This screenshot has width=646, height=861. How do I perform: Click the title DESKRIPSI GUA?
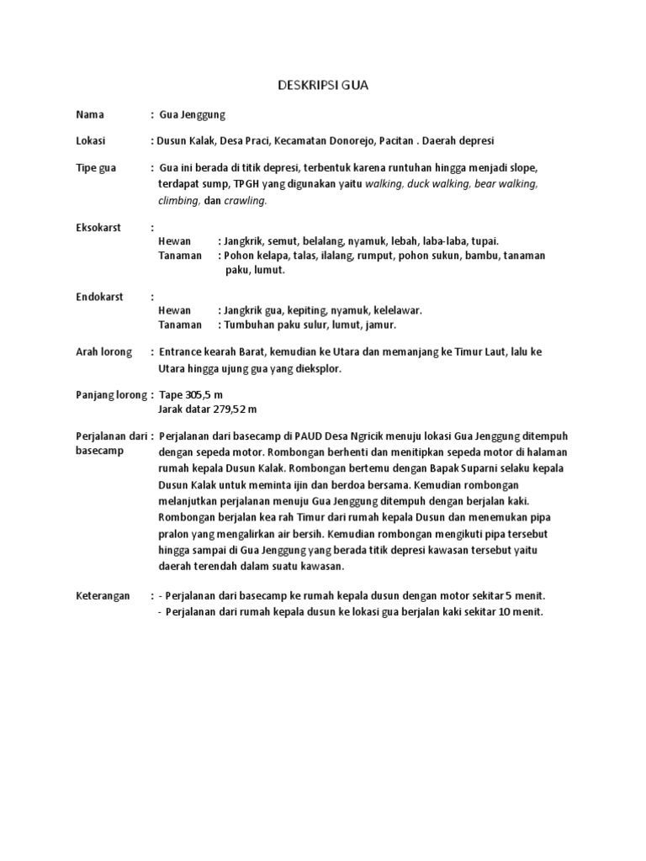click(323, 86)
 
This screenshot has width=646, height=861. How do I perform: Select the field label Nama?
click(89, 114)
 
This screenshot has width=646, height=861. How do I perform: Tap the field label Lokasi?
click(90, 141)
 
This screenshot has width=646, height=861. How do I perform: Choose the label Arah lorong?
click(104, 351)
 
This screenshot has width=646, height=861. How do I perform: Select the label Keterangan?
click(103, 595)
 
